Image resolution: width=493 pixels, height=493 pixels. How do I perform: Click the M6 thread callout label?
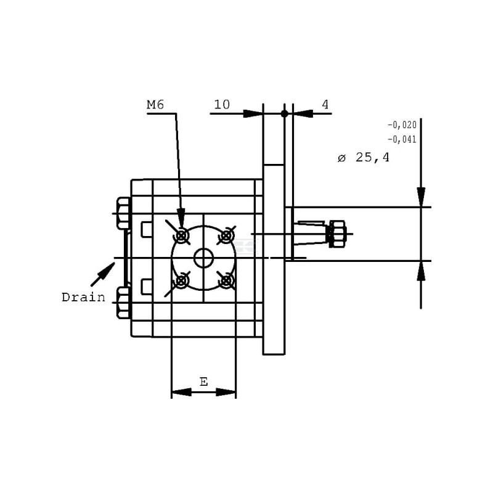[x=155, y=104]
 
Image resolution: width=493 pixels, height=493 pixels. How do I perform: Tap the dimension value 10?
[x=222, y=104]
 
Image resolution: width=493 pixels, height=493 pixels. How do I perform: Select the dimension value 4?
[x=325, y=104]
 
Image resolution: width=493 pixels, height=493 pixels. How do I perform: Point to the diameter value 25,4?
[x=373, y=157]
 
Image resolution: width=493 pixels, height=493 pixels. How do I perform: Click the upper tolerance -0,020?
[x=402, y=125]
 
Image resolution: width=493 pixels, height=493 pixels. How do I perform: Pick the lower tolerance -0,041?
[x=402, y=139]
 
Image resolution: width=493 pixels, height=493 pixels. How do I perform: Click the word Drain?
[x=83, y=297]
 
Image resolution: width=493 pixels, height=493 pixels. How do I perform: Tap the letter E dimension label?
[x=204, y=382]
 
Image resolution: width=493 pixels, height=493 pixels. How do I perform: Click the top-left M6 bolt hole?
[x=181, y=235]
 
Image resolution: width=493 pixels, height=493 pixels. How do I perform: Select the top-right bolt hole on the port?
[x=226, y=235]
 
